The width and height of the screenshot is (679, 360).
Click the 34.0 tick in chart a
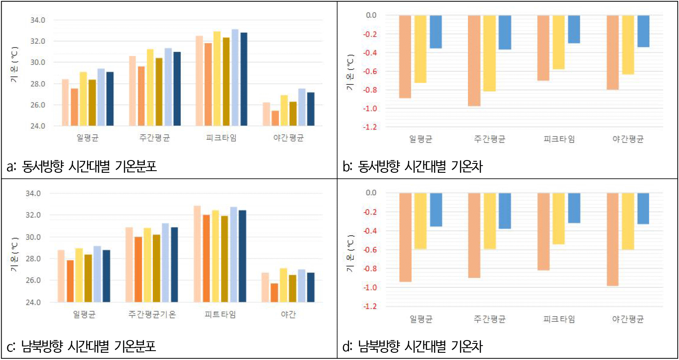(37, 20)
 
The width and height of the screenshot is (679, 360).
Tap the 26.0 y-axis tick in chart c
(33, 280)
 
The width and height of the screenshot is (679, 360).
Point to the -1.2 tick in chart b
(369, 127)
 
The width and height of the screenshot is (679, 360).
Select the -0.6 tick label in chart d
(369, 250)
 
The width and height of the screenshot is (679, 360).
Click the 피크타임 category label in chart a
(221, 138)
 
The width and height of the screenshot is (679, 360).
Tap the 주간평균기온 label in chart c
(152, 315)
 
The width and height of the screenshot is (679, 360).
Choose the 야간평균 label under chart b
(628, 139)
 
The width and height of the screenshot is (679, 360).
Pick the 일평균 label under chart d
(421, 319)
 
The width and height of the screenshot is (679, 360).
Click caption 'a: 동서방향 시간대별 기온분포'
(82, 166)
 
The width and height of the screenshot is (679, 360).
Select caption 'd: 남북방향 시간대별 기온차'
(412, 346)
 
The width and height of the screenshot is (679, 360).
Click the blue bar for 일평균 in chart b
(436, 32)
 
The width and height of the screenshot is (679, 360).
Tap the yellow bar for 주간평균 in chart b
(489, 53)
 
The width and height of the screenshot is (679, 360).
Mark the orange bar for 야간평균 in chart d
(612, 239)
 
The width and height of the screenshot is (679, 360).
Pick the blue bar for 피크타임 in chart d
(574, 208)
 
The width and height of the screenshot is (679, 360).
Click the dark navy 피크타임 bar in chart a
(244, 79)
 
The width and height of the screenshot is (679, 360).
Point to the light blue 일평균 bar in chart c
(97, 274)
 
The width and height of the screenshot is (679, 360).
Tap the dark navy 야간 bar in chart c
(311, 287)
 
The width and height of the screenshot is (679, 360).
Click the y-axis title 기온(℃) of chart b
(350, 72)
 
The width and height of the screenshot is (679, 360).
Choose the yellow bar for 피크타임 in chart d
(558, 219)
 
